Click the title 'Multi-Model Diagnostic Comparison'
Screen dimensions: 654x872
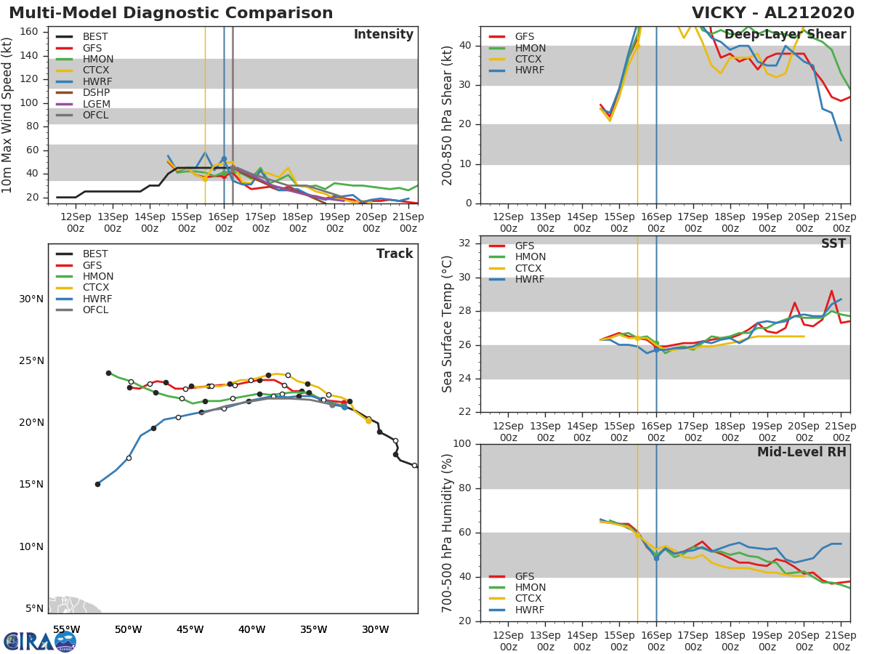171,13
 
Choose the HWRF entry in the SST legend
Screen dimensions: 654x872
530,280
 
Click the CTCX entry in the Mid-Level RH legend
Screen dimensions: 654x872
530,599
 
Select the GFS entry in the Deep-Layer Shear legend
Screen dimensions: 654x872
525,36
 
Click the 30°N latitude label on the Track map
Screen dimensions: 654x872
31,299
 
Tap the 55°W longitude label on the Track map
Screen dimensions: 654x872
66,629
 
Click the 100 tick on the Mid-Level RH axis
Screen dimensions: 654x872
461,444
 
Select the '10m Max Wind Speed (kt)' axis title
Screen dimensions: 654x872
8,115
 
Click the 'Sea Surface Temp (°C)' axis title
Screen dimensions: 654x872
448,324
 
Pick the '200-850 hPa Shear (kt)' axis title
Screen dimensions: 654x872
448,115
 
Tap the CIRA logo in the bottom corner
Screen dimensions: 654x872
39,641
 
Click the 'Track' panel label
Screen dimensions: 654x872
394,254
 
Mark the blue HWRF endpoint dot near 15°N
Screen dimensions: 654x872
97,484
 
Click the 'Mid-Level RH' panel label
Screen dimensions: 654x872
802,452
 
